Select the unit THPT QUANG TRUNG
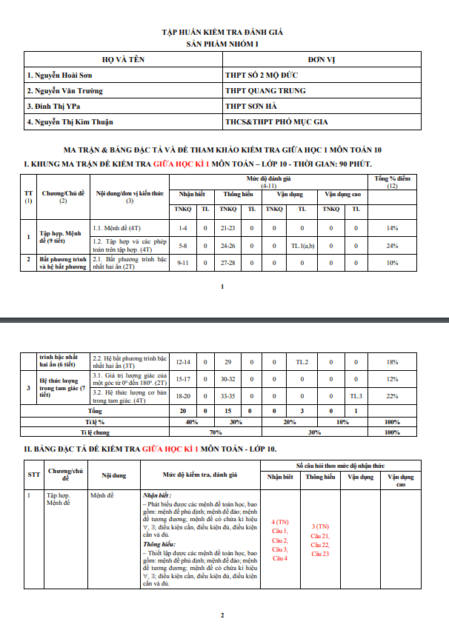[x=265, y=91]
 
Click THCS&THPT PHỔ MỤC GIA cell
[x=276, y=122]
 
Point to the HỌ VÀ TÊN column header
[x=122, y=59]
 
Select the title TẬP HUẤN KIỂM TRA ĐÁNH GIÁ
[x=222, y=33]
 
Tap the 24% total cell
[x=393, y=245]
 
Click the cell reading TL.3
[x=356, y=397]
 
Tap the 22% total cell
[x=393, y=397]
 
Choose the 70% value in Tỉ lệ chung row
[x=216, y=432]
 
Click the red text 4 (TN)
[x=280, y=522]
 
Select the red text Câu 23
[x=320, y=554]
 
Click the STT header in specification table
[x=34, y=474]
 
